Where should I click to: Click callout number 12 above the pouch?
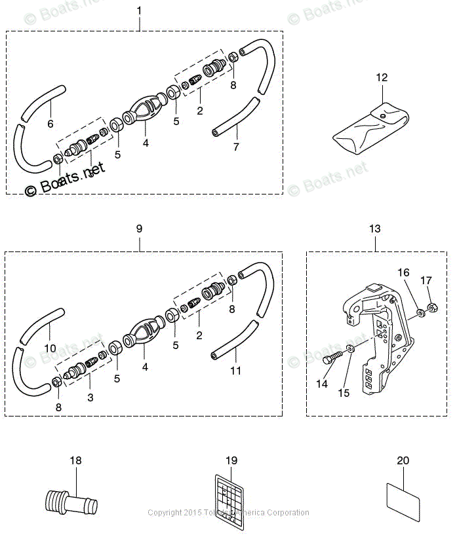coord(382,78)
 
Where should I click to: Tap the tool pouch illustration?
coord(371,130)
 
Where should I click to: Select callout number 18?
coord(76,460)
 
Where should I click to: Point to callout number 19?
coord(231,460)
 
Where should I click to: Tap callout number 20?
coord(403,460)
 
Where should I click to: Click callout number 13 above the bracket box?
coord(375,229)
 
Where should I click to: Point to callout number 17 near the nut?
coord(426,281)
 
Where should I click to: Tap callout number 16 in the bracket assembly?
coord(404,272)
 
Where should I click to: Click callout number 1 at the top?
coord(139,11)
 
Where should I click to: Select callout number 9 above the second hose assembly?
coord(139,229)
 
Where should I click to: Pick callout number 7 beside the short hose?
coord(236,147)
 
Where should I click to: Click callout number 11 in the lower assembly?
coord(236,371)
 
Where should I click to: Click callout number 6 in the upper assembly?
coord(50,123)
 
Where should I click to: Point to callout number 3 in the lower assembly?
coord(90,398)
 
